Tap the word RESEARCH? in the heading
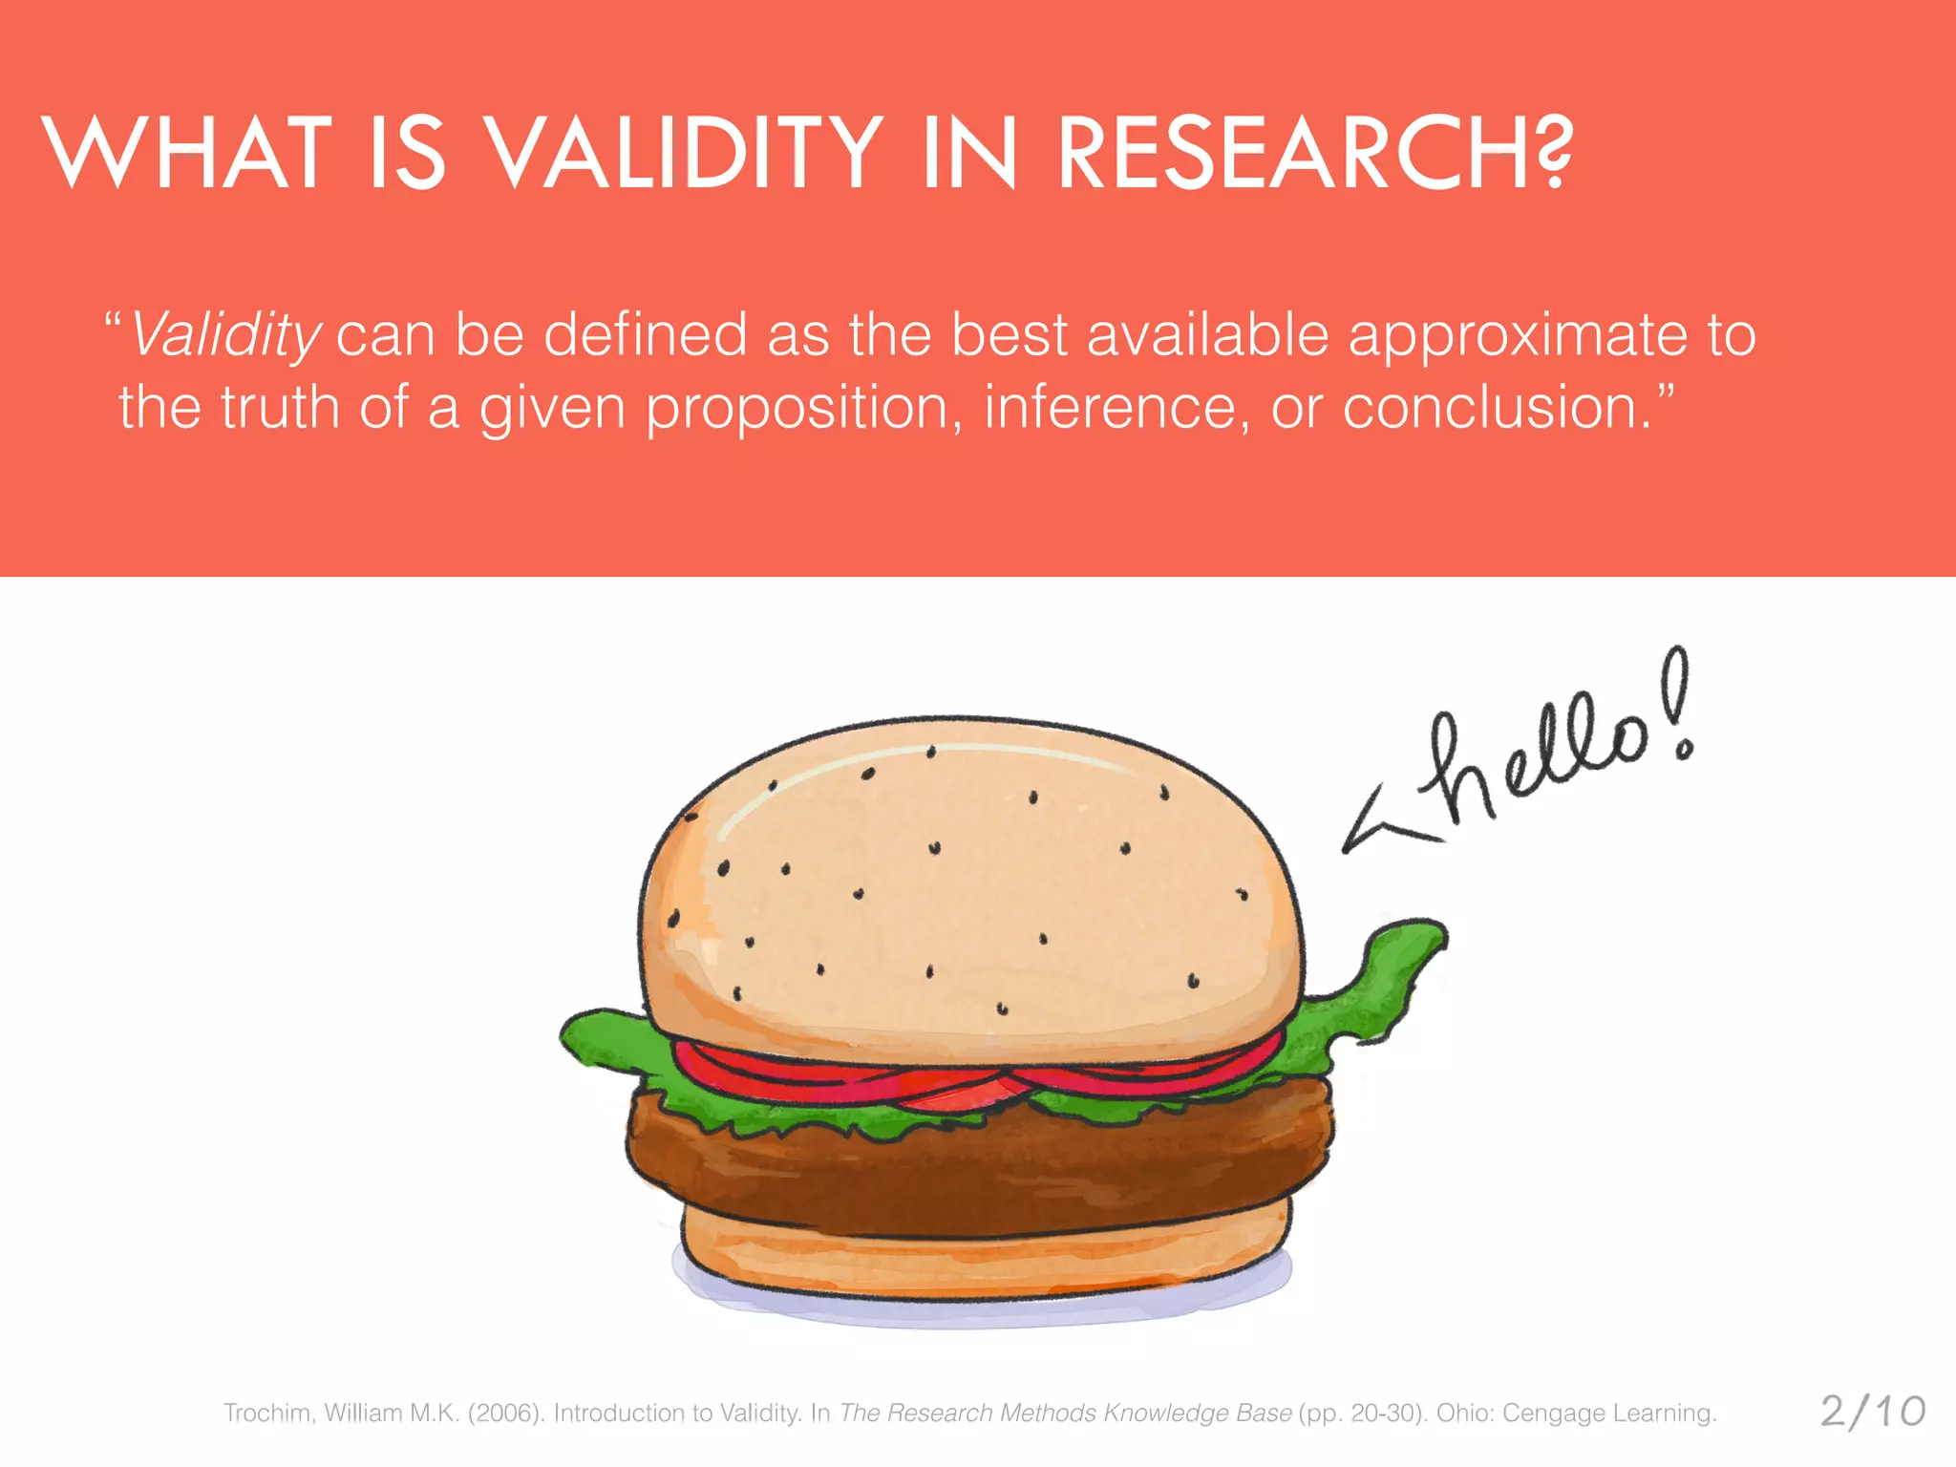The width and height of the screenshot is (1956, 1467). [x=1313, y=153]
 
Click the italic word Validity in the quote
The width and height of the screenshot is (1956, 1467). [x=225, y=336]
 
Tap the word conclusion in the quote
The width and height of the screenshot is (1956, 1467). [x=1496, y=407]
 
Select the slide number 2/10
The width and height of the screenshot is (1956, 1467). [x=1872, y=1412]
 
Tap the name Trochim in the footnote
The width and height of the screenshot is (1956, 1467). [x=267, y=1414]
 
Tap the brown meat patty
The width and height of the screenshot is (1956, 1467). [x=974, y=1170]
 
